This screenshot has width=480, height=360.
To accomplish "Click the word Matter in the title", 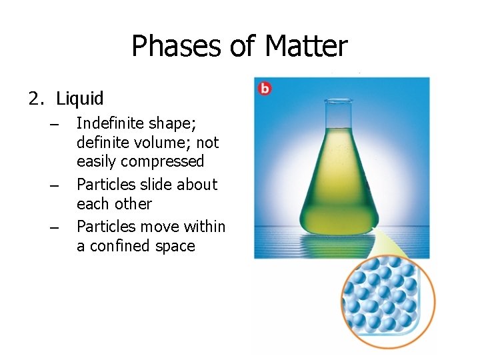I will pos(306,47).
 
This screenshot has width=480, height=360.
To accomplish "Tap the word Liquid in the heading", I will pos(80,99).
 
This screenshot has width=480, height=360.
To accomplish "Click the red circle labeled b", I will pos(264,88).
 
